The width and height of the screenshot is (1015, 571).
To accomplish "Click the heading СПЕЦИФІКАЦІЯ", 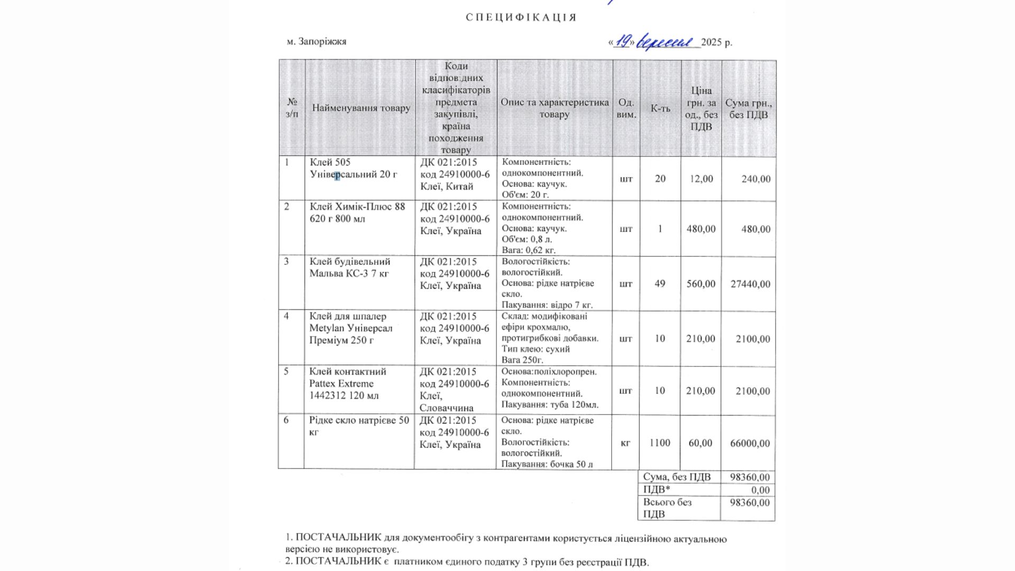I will click(521, 17).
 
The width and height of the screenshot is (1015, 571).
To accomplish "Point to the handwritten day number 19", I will click(623, 41).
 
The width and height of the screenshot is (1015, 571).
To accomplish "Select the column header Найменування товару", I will click(361, 108).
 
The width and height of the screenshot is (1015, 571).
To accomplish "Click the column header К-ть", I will click(660, 108).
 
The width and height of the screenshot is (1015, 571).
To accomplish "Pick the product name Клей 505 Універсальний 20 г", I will click(353, 168).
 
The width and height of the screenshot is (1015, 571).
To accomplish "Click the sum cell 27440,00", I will click(750, 284).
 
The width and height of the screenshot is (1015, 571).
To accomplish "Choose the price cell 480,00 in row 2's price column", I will click(701, 229).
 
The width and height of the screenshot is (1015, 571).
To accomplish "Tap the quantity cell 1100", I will click(660, 443).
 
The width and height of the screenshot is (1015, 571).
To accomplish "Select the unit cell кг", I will click(625, 443).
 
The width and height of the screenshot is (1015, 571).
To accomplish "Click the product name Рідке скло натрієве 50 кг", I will click(359, 426).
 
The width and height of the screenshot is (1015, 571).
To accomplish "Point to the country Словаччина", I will click(447, 408).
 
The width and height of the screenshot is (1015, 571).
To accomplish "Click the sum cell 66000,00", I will click(750, 443).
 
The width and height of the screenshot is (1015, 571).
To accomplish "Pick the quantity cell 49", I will click(660, 284).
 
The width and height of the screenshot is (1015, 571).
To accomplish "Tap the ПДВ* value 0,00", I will click(760, 490).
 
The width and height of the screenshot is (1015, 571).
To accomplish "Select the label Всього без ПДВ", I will click(667, 508).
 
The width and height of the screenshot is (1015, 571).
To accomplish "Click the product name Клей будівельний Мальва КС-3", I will click(349, 268).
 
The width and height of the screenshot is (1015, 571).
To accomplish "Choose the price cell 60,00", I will click(700, 443).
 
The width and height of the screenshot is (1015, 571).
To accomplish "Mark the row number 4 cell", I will click(287, 316).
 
